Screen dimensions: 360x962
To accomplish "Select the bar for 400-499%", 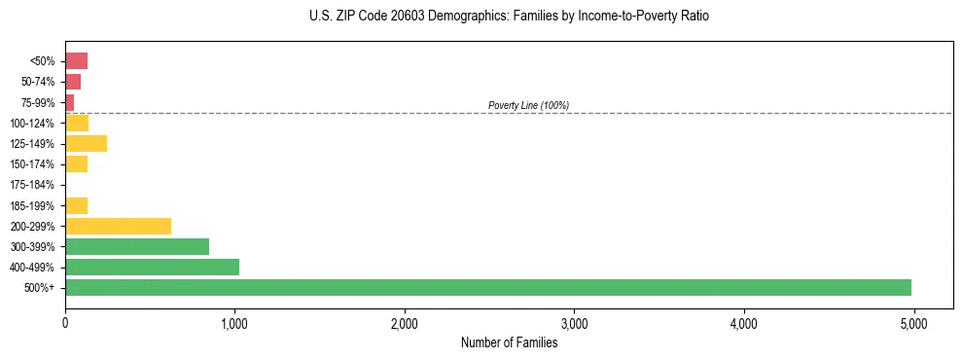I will point(152,267).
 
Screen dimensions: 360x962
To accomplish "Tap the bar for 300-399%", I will point(137,246).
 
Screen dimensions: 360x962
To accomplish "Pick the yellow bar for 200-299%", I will point(118,226).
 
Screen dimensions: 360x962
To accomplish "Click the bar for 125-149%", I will point(86,144).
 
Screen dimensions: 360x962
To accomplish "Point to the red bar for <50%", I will point(76,61).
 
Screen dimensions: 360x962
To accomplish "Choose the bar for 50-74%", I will point(73,82).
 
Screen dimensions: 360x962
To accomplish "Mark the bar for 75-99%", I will point(69,102).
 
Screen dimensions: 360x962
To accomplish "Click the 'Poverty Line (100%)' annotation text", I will point(528,105).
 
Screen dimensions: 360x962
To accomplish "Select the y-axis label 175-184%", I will point(32,185).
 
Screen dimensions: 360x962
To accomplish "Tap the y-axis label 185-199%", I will point(32,205).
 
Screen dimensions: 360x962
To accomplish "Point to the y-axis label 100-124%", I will point(32,124).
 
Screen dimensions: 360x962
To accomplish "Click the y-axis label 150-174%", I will point(32,164).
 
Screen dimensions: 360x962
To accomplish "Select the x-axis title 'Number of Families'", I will point(509,342).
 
